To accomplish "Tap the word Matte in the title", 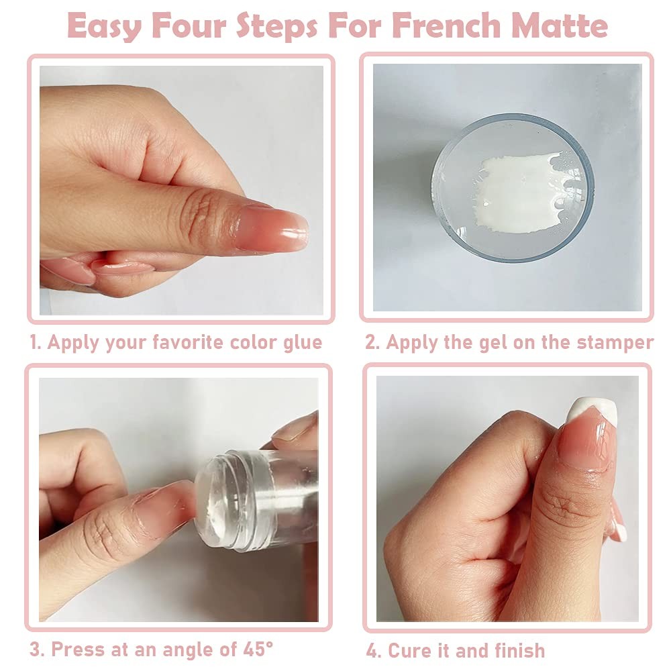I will pos(559,25).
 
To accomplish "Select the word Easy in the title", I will pos(105,25).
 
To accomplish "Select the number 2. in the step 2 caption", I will pos(372,342).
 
